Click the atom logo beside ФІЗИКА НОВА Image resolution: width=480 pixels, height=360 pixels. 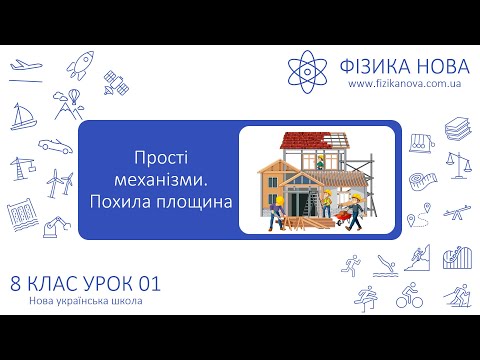tap(309, 69)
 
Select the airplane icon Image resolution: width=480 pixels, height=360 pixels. tap(25, 67)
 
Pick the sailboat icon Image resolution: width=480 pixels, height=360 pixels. tap(21, 117)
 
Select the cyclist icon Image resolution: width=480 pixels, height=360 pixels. tap(408, 297)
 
